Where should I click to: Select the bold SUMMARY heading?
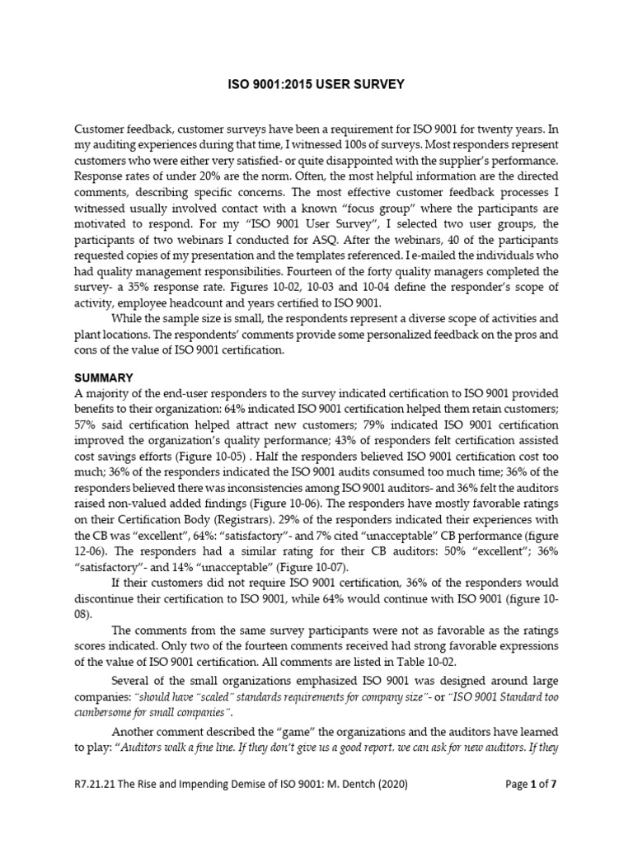pos(104,377)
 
